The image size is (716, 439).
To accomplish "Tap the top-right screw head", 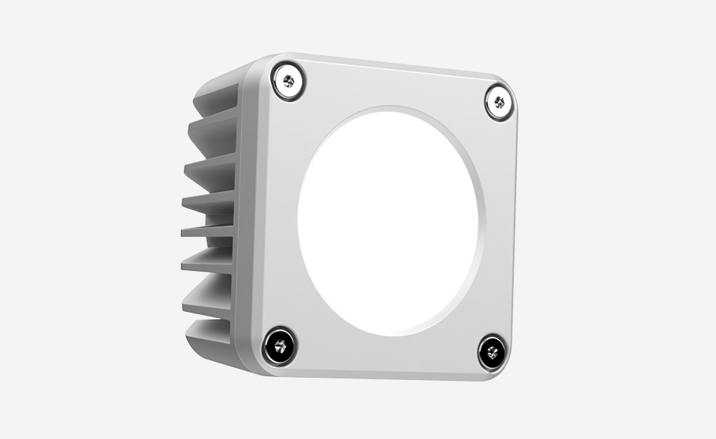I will pyautogui.click(x=499, y=101).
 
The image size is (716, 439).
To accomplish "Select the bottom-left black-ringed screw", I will pyautogui.click(x=280, y=347).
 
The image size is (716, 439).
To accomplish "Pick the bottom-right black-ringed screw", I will pyautogui.click(x=493, y=352).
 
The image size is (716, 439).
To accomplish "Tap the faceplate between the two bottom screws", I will pyautogui.click(x=386, y=357).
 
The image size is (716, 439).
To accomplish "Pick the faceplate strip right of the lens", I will pyautogui.click(x=500, y=227).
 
